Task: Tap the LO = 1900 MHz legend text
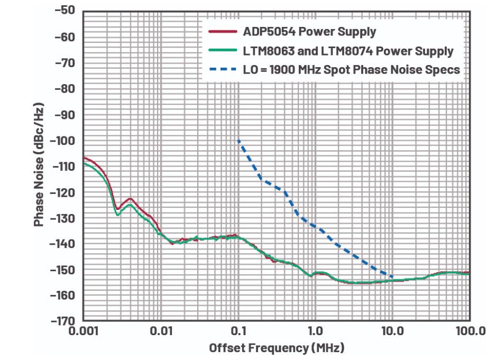coord(351,70)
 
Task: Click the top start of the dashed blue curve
coord(239,141)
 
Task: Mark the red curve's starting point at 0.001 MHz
coord(84,157)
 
